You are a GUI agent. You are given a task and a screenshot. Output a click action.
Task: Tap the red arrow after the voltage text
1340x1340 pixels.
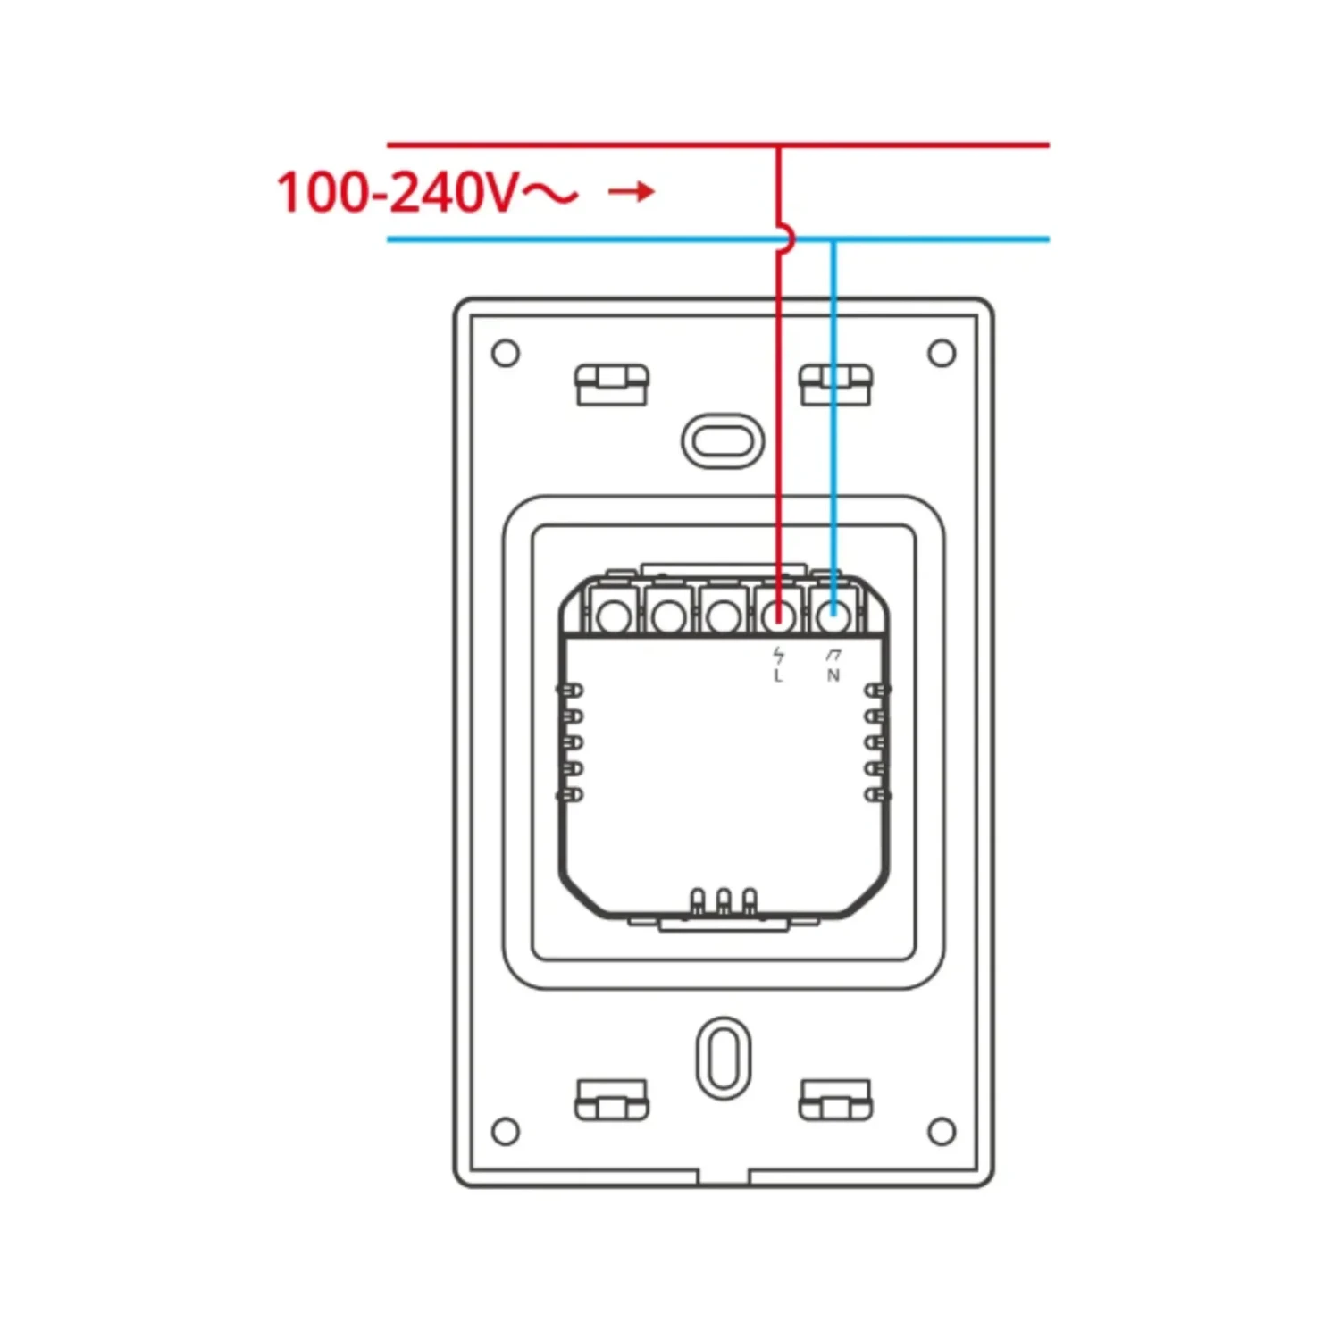(x=632, y=191)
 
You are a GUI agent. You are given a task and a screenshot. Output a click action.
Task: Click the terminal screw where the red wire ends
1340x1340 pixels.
(x=778, y=615)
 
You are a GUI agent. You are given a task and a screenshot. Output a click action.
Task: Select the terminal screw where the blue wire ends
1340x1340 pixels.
(x=833, y=615)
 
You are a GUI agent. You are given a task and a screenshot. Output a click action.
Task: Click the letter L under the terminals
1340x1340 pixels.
(x=778, y=676)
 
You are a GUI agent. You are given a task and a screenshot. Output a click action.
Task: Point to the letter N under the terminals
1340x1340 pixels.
(x=833, y=676)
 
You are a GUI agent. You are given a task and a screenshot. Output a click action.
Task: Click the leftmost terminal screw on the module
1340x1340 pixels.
(x=613, y=616)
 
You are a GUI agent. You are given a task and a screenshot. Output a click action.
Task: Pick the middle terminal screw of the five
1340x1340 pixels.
(x=723, y=616)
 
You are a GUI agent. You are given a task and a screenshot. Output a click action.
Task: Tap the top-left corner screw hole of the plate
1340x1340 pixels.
(x=506, y=353)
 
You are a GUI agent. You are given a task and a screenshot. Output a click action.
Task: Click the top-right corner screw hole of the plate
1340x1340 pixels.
(x=942, y=353)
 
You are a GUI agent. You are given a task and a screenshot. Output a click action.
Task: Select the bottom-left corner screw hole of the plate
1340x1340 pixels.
(x=506, y=1132)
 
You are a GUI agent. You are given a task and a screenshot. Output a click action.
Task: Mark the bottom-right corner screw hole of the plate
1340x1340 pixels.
(x=942, y=1132)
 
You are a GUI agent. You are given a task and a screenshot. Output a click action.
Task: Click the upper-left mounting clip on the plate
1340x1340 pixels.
(x=612, y=384)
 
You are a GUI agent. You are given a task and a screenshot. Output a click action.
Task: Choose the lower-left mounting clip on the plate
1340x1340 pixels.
(x=612, y=1100)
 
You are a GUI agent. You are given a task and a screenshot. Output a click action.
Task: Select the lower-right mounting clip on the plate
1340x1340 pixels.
(x=835, y=1100)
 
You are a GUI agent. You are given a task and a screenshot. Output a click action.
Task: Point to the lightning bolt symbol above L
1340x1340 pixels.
(x=778, y=656)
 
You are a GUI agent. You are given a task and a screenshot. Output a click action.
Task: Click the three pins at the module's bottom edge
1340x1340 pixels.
(x=724, y=901)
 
